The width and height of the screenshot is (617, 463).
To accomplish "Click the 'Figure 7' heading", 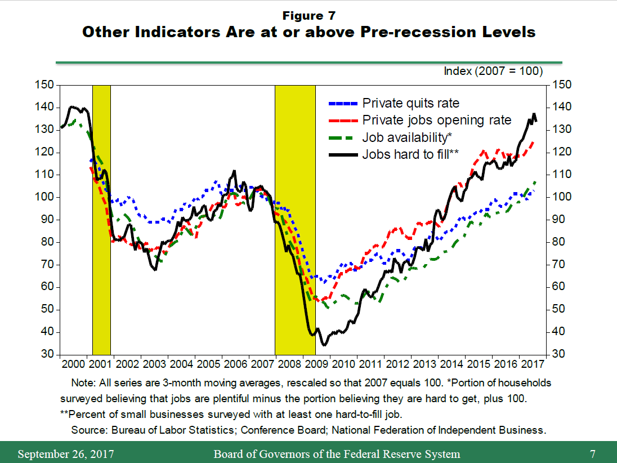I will point(308,15).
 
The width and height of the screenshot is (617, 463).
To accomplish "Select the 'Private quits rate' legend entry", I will point(410,103).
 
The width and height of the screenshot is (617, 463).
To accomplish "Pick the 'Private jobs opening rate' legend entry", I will point(436,120).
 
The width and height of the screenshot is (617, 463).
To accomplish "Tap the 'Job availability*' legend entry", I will point(407,137).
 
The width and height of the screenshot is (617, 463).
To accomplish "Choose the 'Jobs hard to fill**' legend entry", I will point(411,154).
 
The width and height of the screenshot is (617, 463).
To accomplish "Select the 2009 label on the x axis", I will point(317,363).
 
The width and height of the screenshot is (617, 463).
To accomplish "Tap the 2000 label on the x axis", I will point(73,363).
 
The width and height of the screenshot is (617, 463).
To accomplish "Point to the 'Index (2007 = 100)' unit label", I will point(493,71).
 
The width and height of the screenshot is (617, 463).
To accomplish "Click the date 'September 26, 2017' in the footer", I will point(61,454).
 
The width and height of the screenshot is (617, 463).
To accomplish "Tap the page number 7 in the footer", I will point(593,454).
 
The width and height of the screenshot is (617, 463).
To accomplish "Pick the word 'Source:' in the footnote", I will point(88,430).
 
